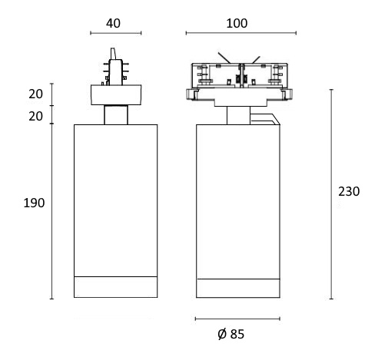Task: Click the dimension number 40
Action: pyautogui.click(x=113, y=23)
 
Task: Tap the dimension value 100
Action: pyautogui.click(x=237, y=23)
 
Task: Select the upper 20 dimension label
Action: pyautogui.click(x=35, y=94)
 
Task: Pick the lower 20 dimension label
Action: pyautogui.click(x=35, y=117)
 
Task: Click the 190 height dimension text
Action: pyautogui.click(x=34, y=203)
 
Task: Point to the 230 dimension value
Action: pyautogui.click(x=349, y=191)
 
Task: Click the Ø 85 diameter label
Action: pyautogui.click(x=231, y=334)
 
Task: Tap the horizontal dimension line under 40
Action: pyautogui.click(x=116, y=33)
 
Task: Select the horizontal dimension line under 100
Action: pyautogui.click(x=241, y=33)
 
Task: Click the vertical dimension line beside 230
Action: pyautogui.click(x=331, y=194)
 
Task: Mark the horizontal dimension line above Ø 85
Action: pyautogui.click(x=237, y=319)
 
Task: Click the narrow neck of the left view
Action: pyautogui.click(x=116, y=114)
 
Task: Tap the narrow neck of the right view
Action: pyautogui.click(x=238, y=115)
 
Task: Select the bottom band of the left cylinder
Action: pyautogui.click(x=116, y=287)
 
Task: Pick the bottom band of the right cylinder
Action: pyautogui.click(x=238, y=288)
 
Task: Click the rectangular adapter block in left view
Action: pyautogui.click(x=116, y=94)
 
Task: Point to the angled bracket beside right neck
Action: pyautogui.click(x=265, y=119)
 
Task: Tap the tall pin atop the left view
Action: pyautogui.click(x=113, y=54)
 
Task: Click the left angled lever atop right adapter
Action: pyautogui.click(x=224, y=58)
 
